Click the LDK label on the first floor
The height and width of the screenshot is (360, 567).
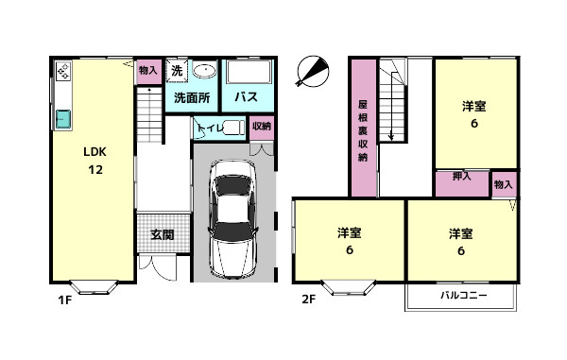click(x=94, y=152)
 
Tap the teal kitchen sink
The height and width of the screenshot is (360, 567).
click(x=63, y=118)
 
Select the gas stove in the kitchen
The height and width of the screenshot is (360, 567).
click(x=63, y=71)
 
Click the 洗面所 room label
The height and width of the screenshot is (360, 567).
click(x=192, y=97)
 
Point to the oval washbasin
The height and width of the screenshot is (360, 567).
click(x=205, y=70)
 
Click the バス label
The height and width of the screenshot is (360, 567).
click(x=247, y=97)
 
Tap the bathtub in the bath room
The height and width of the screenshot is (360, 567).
click(x=249, y=72)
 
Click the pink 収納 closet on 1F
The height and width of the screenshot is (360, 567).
click(x=262, y=128)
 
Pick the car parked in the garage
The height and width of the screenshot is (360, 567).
click(x=233, y=218)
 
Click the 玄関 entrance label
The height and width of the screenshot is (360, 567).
click(x=163, y=234)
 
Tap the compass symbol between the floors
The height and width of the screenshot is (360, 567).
click(x=313, y=71)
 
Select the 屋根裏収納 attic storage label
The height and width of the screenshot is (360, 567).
click(x=363, y=130)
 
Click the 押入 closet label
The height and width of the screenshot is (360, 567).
click(x=462, y=176)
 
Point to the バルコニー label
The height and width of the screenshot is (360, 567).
click(x=464, y=296)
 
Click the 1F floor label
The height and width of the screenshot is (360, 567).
click(x=65, y=300)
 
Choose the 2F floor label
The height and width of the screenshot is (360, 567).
click(x=309, y=299)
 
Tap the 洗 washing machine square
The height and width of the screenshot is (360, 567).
click(x=177, y=71)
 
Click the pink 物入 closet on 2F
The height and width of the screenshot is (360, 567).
click(x=504, y=184)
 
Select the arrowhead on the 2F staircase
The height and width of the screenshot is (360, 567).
click(x=391, y=137)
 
